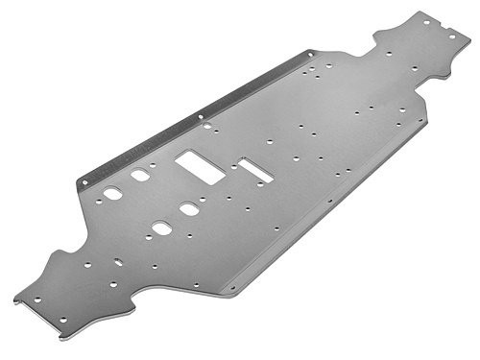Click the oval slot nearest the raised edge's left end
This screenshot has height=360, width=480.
point(113,193)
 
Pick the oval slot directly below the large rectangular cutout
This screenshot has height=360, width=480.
point(189,208)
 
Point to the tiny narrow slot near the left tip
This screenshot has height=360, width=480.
point(118,261)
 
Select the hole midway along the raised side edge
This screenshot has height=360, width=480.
point(200,117)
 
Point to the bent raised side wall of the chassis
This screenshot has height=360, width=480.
point(192,120)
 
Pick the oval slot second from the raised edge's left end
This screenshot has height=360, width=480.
point(140,176)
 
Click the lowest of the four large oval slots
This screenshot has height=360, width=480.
point(161,228)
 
